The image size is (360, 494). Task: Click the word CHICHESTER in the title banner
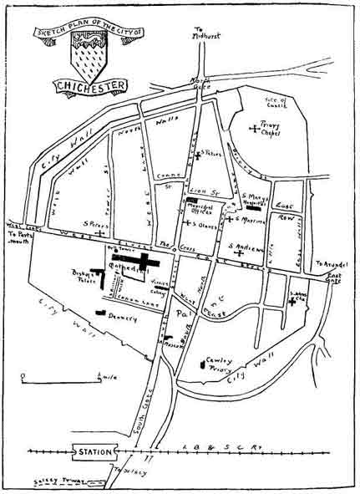[x=91, y=85]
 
